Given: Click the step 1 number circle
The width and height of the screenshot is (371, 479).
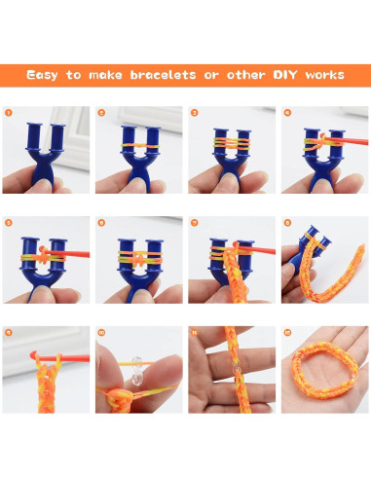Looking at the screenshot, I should [8, 113].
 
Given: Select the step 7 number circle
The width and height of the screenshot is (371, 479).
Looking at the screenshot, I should [194, 223].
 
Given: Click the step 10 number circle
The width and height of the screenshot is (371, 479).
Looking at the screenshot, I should [101, 333].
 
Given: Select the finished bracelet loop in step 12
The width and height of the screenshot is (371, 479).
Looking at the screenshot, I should [321, 375].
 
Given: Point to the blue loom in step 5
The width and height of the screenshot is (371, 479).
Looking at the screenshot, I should [44, 263].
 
